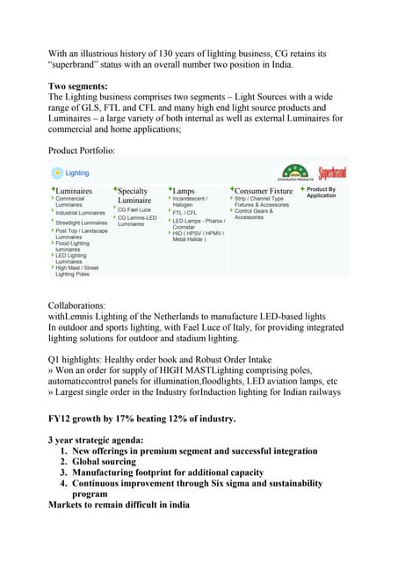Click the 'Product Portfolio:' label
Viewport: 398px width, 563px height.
click(x=81, y=150)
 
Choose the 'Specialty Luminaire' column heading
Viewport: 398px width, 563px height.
click(x=133, y=195)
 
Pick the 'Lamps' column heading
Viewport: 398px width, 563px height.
click(x=184, y=190)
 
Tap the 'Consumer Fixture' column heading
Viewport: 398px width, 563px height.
click(x=263, y=190)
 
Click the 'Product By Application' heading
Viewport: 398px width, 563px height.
click(x=321, y=192)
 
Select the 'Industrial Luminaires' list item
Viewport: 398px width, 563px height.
click(x=80, y=213)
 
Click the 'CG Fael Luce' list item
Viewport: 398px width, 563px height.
click(x=134, y=209)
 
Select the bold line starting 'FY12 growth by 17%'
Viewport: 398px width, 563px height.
click(x=141, y=418)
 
